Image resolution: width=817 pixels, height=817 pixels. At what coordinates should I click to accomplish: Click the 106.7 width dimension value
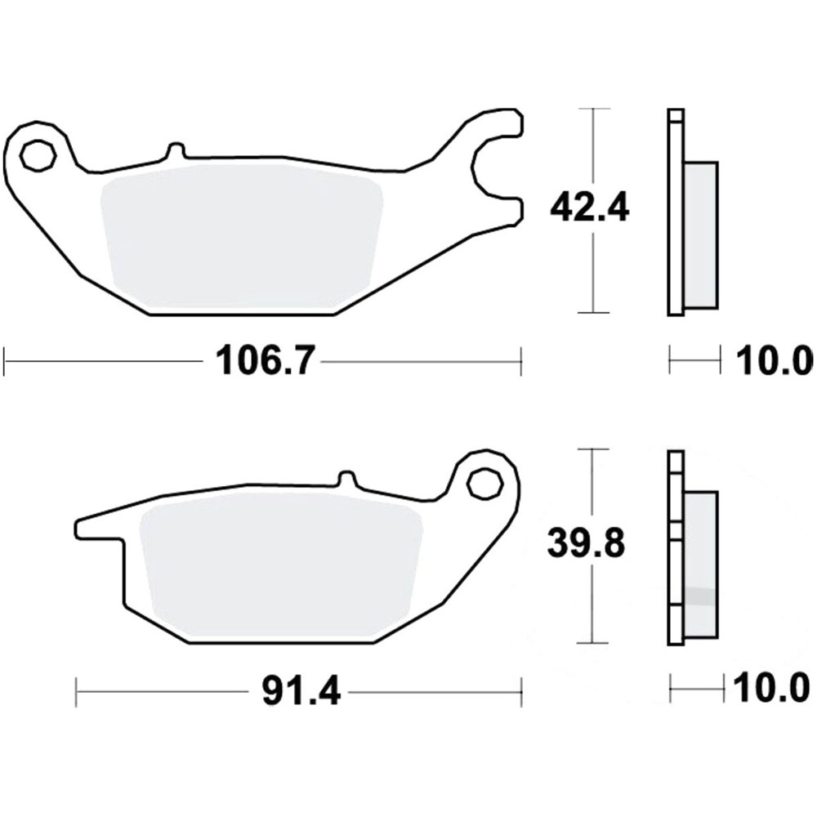(x=263, y=360)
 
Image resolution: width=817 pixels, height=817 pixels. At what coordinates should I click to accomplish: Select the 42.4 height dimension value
(x=588, y=209)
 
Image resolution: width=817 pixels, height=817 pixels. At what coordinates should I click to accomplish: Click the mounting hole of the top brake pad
(x=36, y=155)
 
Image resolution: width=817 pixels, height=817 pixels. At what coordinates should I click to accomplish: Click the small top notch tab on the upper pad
(x=174, y=150)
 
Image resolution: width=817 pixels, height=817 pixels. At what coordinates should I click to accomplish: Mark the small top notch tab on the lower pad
(x=346, y=477)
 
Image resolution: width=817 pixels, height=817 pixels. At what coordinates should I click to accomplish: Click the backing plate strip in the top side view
(x=674, y=212)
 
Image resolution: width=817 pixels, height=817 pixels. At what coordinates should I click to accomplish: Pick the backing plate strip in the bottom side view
(x=674, y=547)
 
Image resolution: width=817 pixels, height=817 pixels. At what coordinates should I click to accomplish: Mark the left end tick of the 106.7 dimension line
(x=6, y=359)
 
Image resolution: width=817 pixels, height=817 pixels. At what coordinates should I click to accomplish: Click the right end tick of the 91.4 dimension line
(x=521, y=694)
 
